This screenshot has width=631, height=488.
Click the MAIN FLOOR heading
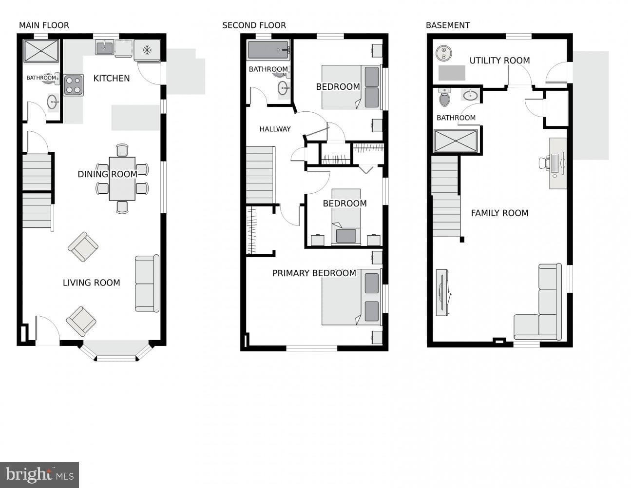(44, 25)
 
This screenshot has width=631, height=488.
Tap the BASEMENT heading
(448, 25)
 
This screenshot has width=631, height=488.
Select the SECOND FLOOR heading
(254, 25)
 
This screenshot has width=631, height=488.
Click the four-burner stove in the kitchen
(74, 85)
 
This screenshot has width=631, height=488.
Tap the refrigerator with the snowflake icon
(147, 50)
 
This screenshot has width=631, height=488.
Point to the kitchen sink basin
(104, 48)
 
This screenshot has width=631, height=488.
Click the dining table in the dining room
(122, 179)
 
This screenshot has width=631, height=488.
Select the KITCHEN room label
(112, 78)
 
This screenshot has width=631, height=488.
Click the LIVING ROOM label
(92, 283)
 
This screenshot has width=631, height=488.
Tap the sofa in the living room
(147, 283)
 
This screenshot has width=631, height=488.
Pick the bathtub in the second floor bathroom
(268, 50)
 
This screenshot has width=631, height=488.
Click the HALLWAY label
(275, 129)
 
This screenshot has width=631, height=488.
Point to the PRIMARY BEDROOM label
(314, 273)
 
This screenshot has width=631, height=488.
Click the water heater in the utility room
(444, 53)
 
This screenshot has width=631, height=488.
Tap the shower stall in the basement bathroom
(456, 141)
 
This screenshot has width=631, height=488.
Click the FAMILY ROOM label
(499, 213)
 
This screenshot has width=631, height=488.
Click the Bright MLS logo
(39, 475)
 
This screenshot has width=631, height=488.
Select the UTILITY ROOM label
(499, 61)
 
